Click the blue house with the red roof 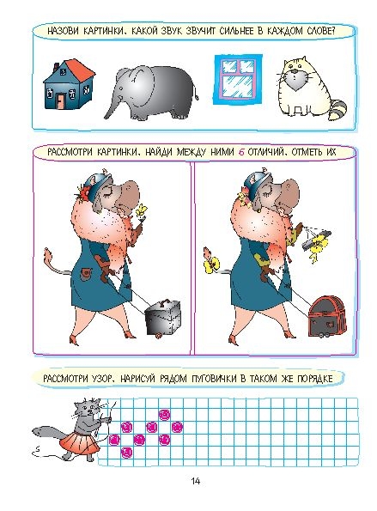point(69,84)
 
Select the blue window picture point(238,80)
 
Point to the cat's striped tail point(337,110)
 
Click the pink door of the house point(60,101)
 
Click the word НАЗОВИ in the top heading point(63,31)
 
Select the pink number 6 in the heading point(241,152)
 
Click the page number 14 point(196,481)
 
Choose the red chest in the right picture point(326,316)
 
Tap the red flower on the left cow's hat point(84,192)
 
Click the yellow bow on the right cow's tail point(211,264)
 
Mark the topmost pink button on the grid point(165,415)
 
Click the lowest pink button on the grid point(127,452)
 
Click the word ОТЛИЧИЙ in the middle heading point(266,152)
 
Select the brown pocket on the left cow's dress point(87,273)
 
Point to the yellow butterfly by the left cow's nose point(142,210)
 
